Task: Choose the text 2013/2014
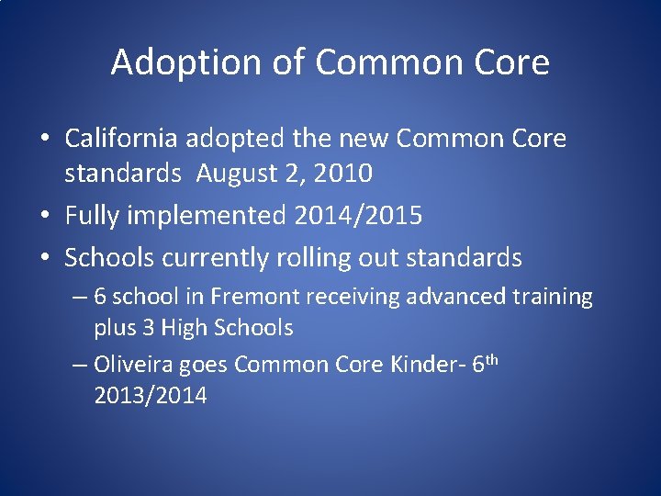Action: click(x=150, y=396)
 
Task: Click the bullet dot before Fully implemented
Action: click(x=44, y=217)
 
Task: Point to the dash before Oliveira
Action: click(x=79, y=366)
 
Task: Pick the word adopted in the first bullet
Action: click(x=241, y=139)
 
